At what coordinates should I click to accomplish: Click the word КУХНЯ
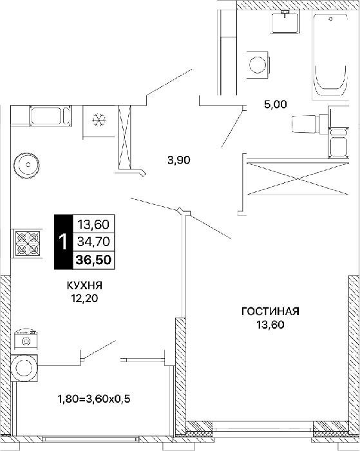click(x=84, y=285)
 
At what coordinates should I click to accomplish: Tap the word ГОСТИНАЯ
click(x=270, y=311)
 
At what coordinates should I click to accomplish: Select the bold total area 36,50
click(x=93, y=260)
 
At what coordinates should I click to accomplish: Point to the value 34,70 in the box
click(x=93, y=242)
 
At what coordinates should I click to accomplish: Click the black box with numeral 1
click(x=64, y=242)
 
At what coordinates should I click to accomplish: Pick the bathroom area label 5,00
click(x=276, y=104)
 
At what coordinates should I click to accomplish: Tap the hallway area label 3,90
click(x=179, y=160)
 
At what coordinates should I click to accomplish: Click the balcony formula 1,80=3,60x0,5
click(x=94, y=399)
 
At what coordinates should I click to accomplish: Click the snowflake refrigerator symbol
click(x=99, y=119)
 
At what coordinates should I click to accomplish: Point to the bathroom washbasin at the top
click(x=285, y=22)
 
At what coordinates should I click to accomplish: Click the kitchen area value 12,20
click(x=85, y=299)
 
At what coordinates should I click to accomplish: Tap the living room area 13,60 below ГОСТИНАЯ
click(x=270, y=325)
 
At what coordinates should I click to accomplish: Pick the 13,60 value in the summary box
click(x=93, y=224)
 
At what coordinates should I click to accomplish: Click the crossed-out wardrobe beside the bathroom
click(x=298, y=178)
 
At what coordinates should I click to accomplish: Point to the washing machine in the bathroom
click(x=258, y=64)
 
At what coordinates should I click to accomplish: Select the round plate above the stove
click(x=28, y=165)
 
